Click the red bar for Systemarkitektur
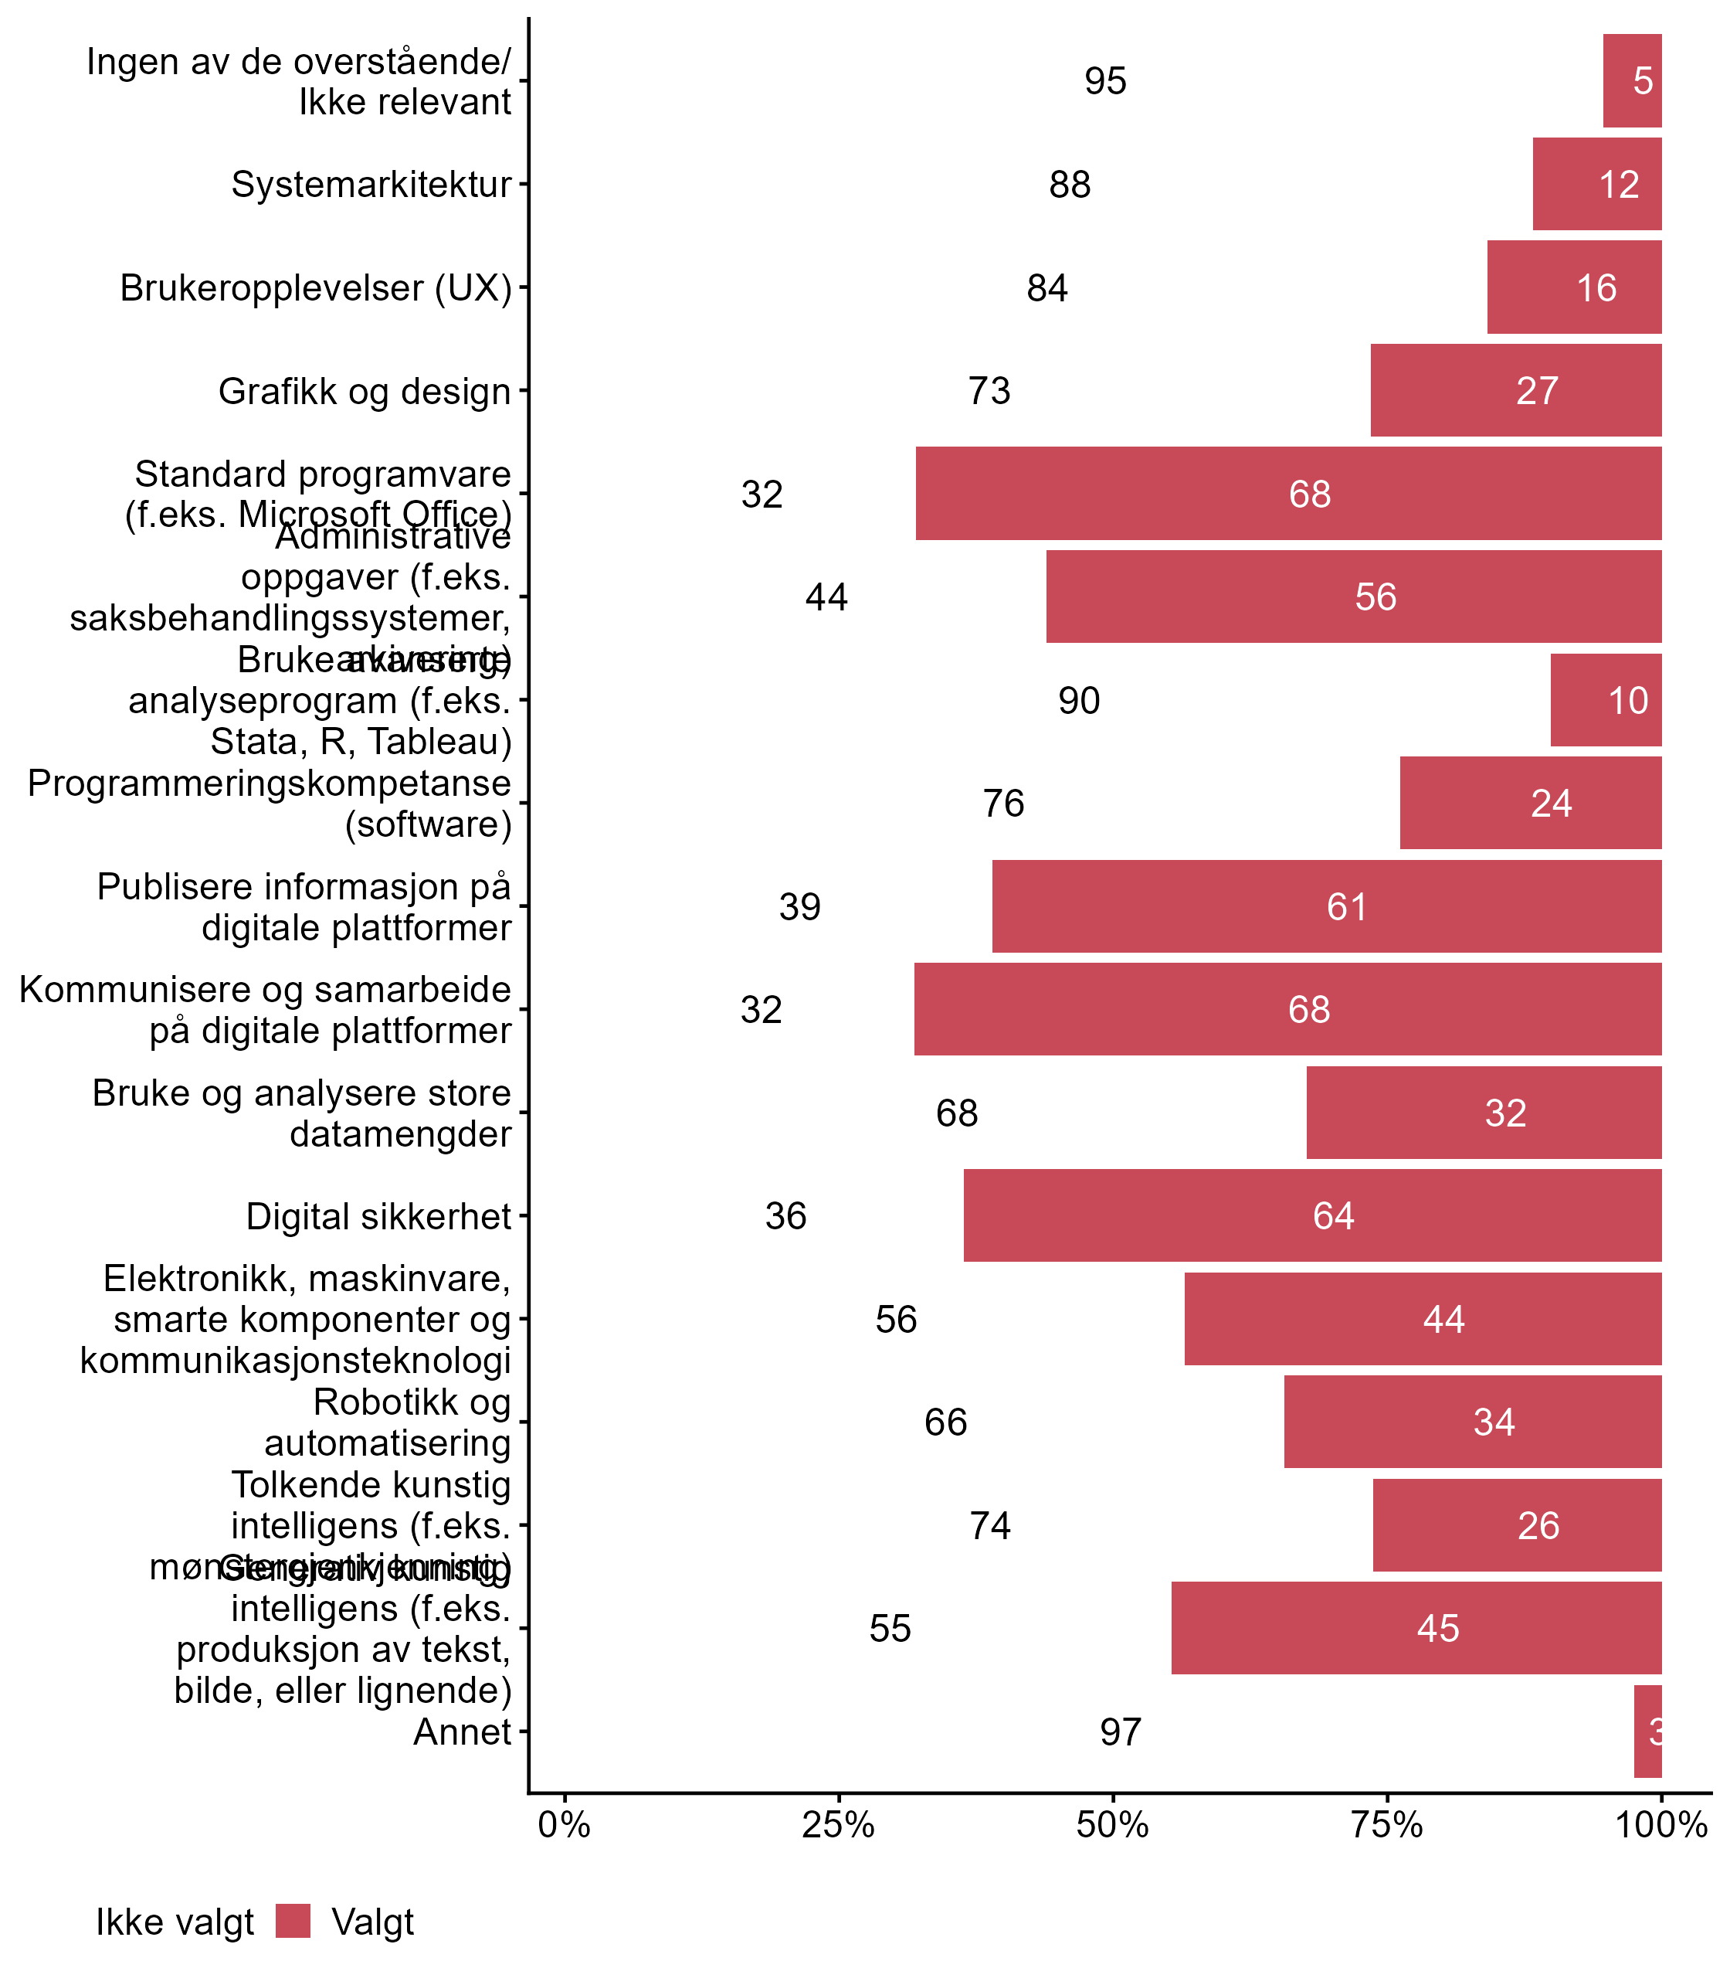coord(1597,184)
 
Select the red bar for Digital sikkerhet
coord(1312,1215)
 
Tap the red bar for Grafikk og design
coord(1515,390)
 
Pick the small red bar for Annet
coord(1647,1732)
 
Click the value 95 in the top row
coord(1105,81)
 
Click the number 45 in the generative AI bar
coord(1437,1629)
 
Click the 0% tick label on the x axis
coord(564,1825)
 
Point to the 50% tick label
coord(1112,1825)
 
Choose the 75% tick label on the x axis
coord(1387,1825)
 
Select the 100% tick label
coord(1660,1825)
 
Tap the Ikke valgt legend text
coord(175,1922)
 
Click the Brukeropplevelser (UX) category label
coord(316,287)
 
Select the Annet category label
coord(462,1732)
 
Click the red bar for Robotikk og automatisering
coord(1472,1422)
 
